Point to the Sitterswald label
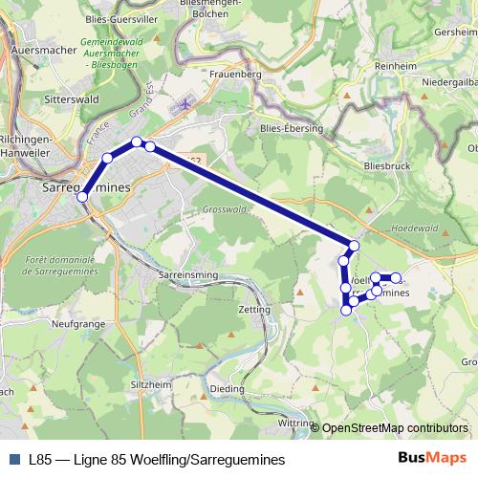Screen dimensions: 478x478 pos(74,98)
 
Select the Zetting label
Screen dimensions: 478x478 pos(250,311)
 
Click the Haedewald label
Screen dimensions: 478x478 pos(414,229)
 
